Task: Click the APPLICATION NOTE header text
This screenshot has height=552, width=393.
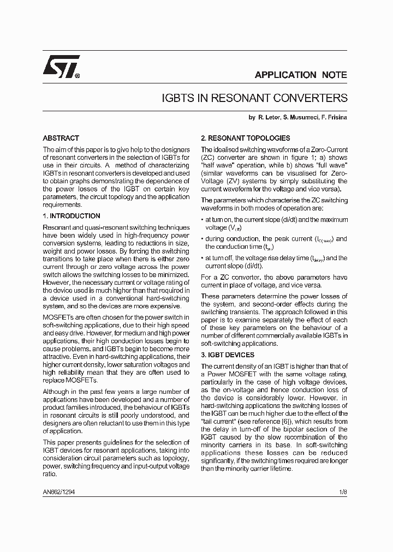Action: pyautogui.click(x=301, y=75)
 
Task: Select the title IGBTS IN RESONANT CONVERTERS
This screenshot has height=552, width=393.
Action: pyautogui.click(x=255, y=98)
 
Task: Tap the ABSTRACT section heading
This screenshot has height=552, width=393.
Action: pyautogui.click(x=61, y=139)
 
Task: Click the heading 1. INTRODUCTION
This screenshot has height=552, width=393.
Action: pyautogui.click(x=71, y=216)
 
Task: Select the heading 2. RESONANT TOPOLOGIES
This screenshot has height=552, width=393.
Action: pyautogui.click(x=245, y=139)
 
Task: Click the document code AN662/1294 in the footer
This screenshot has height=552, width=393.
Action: pyautogui.click(x=59, y=491)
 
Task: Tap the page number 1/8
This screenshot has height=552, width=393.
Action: pyautogui.click(x=343, y=491)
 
